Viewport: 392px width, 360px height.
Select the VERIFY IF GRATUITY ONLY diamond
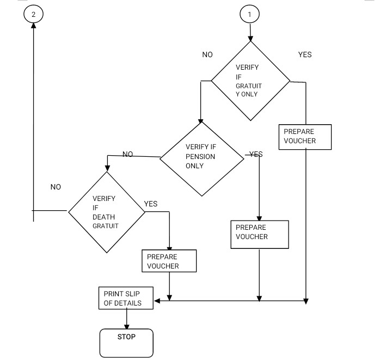coord(250,81)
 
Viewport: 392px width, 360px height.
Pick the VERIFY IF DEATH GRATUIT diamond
coord(107,212)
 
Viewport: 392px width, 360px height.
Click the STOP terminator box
coord(126,343)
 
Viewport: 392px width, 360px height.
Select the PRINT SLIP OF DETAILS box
coord(126,298)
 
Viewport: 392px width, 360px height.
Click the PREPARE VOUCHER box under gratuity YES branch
coord(305,137)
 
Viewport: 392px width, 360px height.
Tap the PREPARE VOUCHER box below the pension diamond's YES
coord(259,234)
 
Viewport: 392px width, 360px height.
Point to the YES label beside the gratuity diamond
coord(305,54)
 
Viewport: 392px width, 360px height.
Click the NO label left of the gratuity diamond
coord(207,54)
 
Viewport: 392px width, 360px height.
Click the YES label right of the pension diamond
coord(256,154)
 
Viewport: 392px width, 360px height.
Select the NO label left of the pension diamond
coord(128,154)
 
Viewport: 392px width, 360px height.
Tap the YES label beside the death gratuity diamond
coord(151,204)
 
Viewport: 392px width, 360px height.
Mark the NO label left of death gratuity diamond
coord(56,187)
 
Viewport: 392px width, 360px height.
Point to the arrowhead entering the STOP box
coord(127,325)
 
